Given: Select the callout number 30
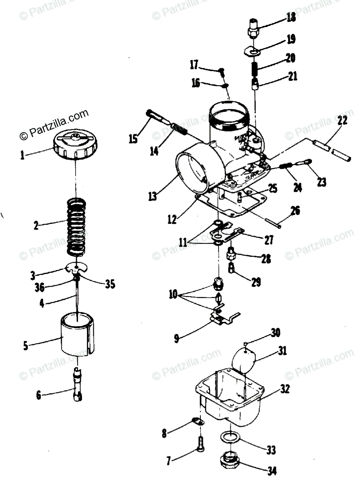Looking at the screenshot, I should (276, 332).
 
